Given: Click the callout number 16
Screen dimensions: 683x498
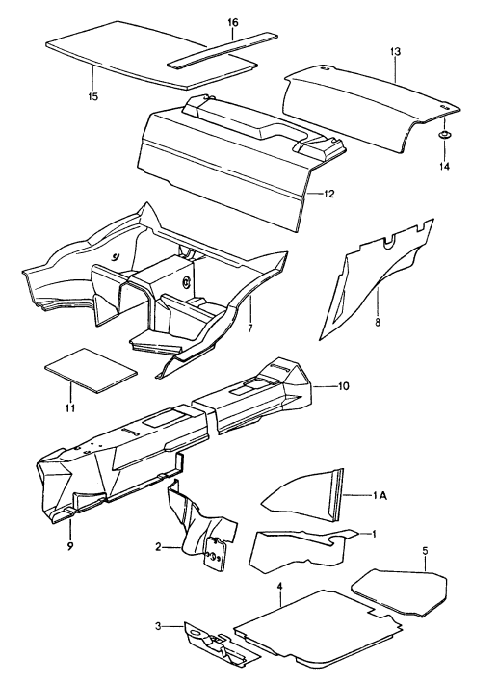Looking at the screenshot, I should click(232, 21).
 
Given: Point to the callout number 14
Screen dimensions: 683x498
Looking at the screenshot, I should click(445, 166).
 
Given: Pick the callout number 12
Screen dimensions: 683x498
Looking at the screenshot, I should click(329, 194).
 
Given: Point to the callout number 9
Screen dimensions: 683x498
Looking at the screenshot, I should click(69, 547).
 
